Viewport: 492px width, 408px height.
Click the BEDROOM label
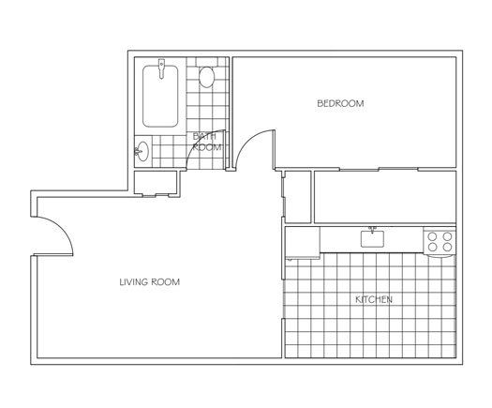point(340,103)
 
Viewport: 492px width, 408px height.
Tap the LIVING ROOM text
point(149,282)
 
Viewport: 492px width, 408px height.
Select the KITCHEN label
point(372,300)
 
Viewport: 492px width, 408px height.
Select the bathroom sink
point(142,150)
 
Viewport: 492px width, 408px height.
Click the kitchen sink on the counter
point(372,239)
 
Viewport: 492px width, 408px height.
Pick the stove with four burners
point(440,241)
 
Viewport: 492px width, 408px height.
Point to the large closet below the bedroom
point(383,197)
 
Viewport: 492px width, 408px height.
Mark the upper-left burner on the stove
point(434,235)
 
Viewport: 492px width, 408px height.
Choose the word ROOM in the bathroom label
point(207,147)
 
